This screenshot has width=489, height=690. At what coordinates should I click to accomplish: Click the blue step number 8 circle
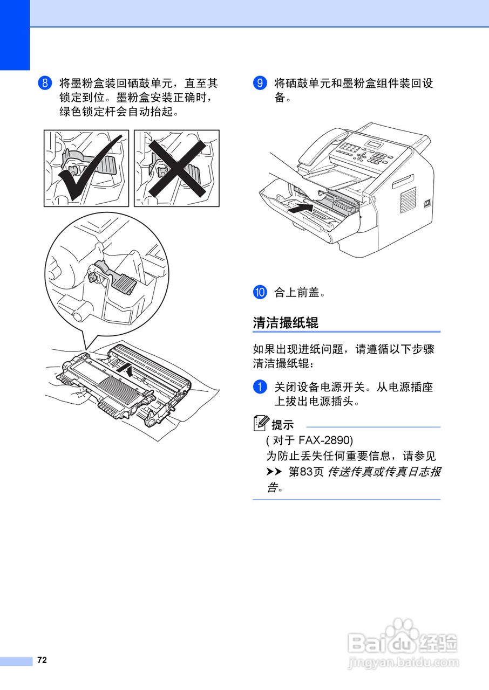coord(45,84)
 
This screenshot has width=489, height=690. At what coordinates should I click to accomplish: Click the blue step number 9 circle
coord(260,84)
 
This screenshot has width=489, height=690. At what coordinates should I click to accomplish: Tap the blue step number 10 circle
coord(260,293)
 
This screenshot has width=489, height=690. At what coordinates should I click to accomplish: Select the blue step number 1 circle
coord(260,387)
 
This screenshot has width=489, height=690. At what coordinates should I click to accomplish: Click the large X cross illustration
coord(177,168)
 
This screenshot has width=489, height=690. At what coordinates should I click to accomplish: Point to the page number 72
coord(42,660)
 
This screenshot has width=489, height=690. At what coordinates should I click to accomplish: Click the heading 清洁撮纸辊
coord(286,322)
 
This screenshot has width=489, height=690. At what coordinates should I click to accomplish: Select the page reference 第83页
coord(306,472)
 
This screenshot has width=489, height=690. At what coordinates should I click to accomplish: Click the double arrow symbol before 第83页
coord(274,472)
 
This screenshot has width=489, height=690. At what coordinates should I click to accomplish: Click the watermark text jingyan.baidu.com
coord(404,663)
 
